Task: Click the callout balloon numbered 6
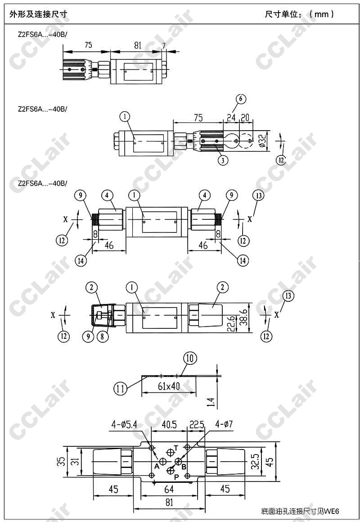pos(241,100)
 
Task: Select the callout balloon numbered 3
pos(223,160)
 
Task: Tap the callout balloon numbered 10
pos(190,359)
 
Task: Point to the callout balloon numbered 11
pos(121,388)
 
